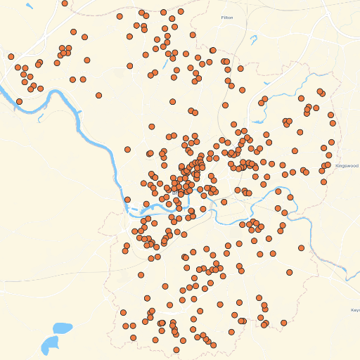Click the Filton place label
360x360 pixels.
(x=226, y=18)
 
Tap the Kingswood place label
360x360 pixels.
(x=347, y=166)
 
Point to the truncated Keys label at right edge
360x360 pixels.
(x=355, y=310)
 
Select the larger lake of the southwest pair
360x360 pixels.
(x=62, y=328)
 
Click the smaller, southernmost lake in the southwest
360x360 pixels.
(x=50, y=344)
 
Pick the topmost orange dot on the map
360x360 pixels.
(x=65, y=3)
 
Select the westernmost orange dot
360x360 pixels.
(x=11, y=56)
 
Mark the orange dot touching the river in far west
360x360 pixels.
(x=19, y=102)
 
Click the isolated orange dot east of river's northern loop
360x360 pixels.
(x=99, y=95)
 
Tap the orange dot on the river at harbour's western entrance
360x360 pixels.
(x=127, y=200)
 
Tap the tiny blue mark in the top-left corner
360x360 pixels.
(x=28, y=7)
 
